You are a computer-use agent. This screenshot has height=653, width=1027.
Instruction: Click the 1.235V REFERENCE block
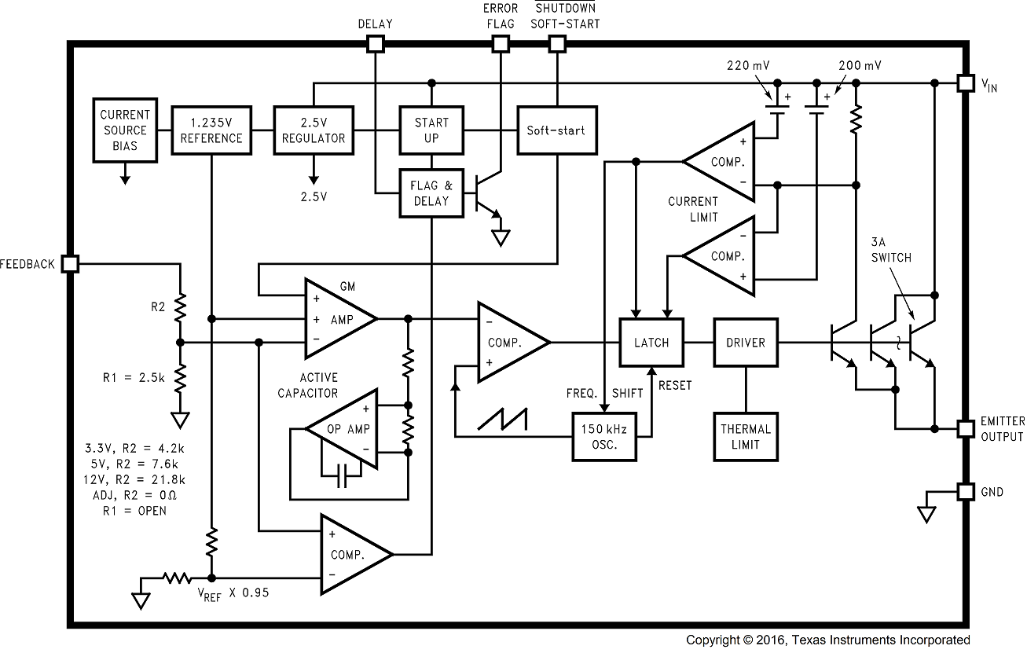tap(211, 130)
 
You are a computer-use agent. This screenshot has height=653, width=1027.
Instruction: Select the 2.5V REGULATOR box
tap(314, 130)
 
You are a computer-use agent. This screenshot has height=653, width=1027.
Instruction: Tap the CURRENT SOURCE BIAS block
tap(124, 130)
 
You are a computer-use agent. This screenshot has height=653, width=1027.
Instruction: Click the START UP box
tap(431, 130)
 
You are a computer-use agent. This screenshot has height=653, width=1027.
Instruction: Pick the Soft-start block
tap(556, 130)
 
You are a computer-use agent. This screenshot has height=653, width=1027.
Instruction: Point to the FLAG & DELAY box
tap(431, 193)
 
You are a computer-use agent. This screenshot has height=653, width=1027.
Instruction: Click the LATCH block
tap(651, 342)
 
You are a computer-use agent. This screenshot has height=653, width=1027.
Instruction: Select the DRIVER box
tap(746, 342)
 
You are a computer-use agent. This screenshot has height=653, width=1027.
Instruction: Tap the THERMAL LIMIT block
tap(746, 436)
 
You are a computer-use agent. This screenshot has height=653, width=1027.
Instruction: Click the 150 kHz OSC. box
tap(604, 436)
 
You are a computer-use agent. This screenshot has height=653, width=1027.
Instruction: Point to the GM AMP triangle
tap(338, 318)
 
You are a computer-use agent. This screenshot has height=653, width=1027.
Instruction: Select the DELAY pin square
tap(376, 44)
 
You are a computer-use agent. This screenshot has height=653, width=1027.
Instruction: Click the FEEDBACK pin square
tap(70, 264)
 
